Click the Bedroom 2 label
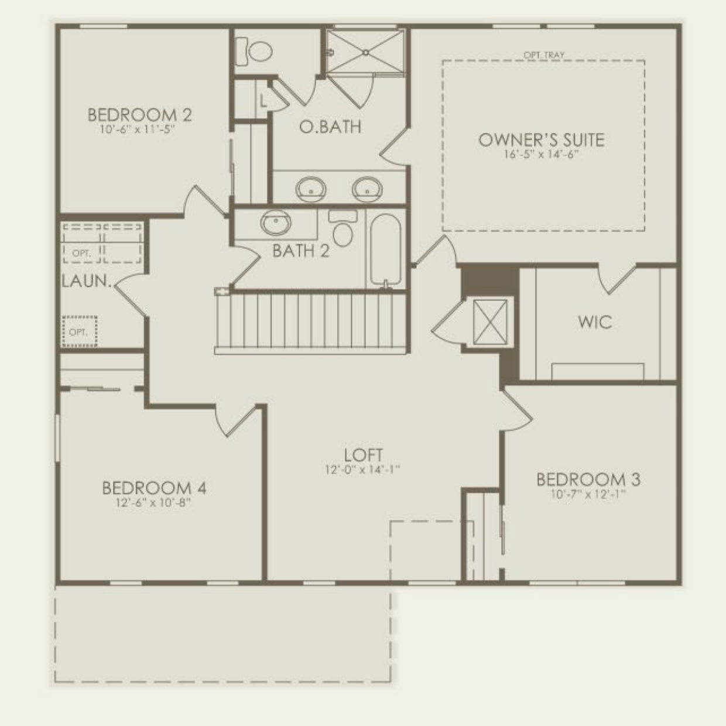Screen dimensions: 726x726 tap(139, 115)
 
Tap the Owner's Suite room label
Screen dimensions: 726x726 tap(541, 140)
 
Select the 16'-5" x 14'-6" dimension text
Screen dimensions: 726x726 tap(541, 155)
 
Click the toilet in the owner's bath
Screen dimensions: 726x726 tap(255, 52)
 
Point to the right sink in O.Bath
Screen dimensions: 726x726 tap(367, 188)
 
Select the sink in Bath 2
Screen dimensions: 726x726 tap(276, 222)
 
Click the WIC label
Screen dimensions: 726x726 tap(594, 322)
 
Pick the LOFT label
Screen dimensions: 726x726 tap(363, 454)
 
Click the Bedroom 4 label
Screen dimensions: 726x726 tap(154, 488)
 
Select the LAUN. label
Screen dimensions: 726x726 tap(87, 282)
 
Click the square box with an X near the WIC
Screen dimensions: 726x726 tap(489, 321)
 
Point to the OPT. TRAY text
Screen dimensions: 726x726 tap(544, 55)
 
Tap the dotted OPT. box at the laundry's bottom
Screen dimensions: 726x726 tap(80, 331)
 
